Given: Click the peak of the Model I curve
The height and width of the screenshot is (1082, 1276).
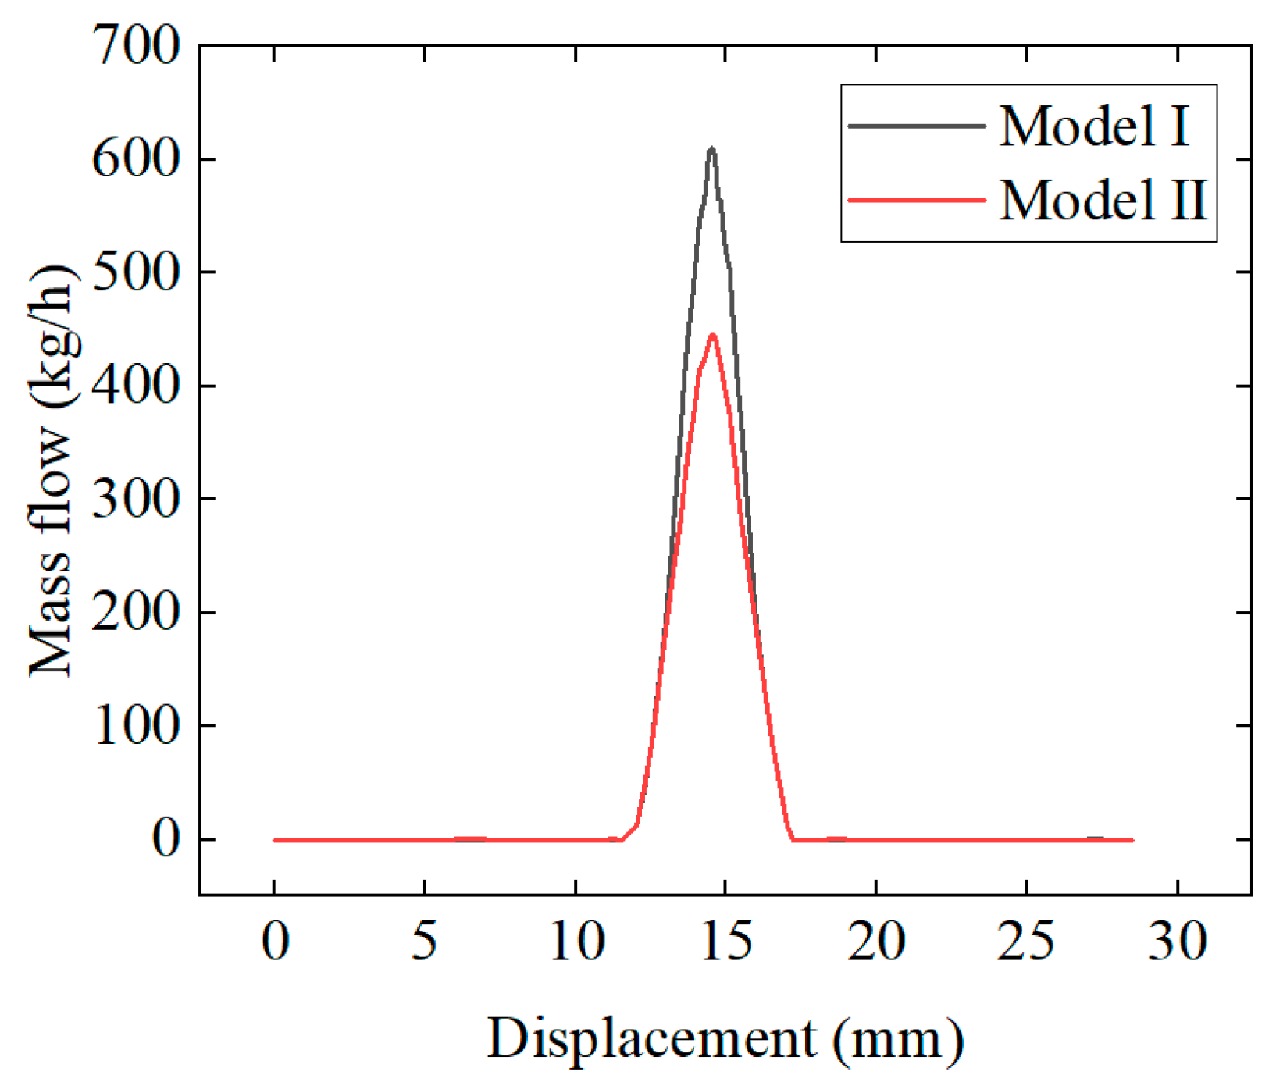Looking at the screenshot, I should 711,149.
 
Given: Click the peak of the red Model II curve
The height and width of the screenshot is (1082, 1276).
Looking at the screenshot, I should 712,336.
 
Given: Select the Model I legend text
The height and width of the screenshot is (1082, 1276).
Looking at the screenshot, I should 1093,126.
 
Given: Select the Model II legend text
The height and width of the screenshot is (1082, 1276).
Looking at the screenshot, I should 1103,200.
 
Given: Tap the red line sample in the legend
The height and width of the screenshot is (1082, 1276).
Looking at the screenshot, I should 916,200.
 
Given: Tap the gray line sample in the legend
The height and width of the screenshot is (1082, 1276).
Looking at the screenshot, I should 916,126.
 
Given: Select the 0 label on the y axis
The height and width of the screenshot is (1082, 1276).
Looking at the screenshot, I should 166,840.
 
